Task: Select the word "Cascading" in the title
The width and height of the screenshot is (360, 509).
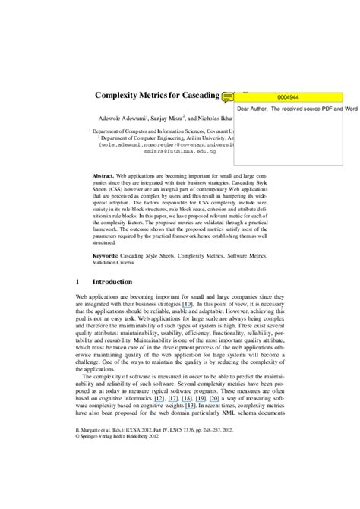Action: tap(193, 96)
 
